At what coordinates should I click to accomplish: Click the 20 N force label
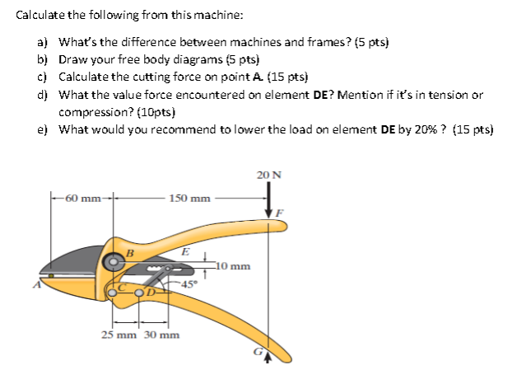coord(268,175)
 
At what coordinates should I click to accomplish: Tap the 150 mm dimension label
coord(189,198)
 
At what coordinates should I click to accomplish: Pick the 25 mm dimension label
coord(119,335)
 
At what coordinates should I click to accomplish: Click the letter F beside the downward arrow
coord(281,213)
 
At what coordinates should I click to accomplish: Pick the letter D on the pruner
coord(152,290)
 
